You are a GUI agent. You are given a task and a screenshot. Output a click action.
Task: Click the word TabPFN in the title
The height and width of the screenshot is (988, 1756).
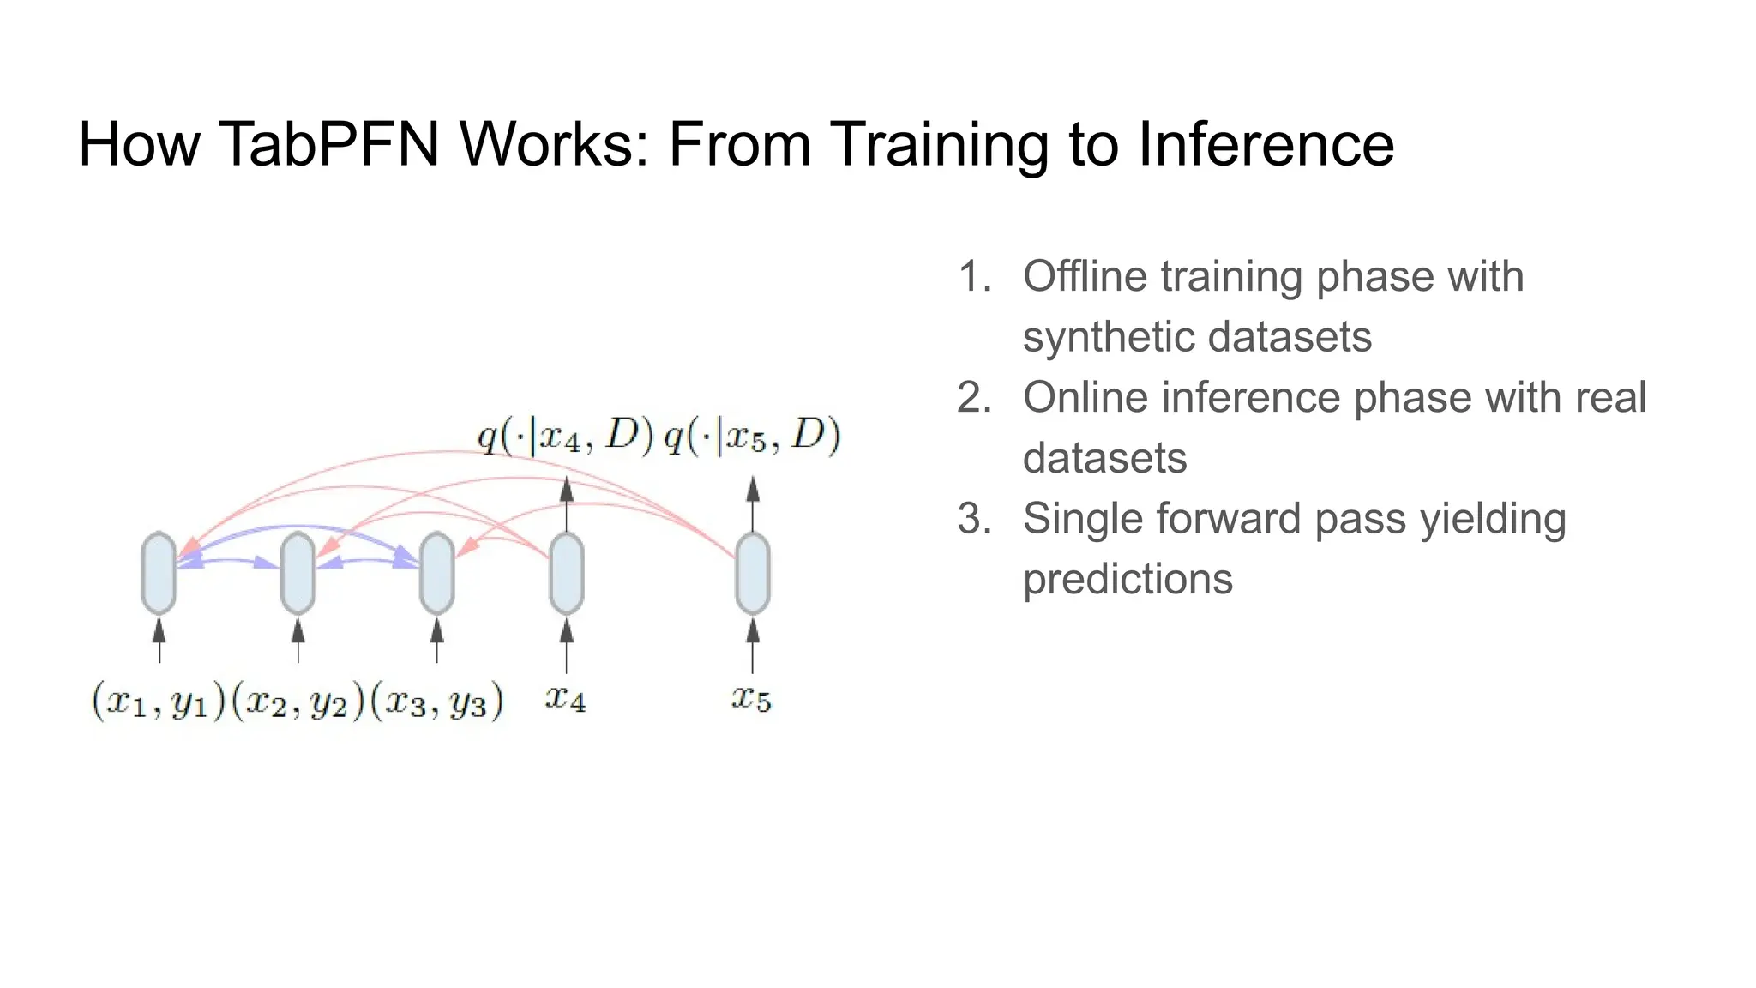[329, 144]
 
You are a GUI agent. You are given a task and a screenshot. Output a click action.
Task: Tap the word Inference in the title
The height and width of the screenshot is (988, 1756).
[1266, 144]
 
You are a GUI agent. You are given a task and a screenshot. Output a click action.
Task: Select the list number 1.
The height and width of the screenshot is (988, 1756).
[973, 277]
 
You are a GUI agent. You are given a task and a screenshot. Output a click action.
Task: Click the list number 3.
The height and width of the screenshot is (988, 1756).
[973, 519]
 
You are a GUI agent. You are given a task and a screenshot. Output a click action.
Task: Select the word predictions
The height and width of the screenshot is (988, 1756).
[1128, 580]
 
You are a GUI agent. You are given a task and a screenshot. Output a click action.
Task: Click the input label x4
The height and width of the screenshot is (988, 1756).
[566, 699]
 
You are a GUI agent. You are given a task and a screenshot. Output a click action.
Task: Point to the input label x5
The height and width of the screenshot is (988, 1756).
[752, 699]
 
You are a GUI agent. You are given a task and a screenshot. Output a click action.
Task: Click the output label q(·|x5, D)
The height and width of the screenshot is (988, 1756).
[752, 437]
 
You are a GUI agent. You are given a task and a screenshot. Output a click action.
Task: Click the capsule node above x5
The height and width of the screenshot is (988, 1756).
[753, 573]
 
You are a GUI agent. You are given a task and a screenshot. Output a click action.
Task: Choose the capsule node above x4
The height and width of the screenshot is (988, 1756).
[566, 573]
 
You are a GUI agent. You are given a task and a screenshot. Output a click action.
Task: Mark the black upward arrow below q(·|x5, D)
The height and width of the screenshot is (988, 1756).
[753, 503]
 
